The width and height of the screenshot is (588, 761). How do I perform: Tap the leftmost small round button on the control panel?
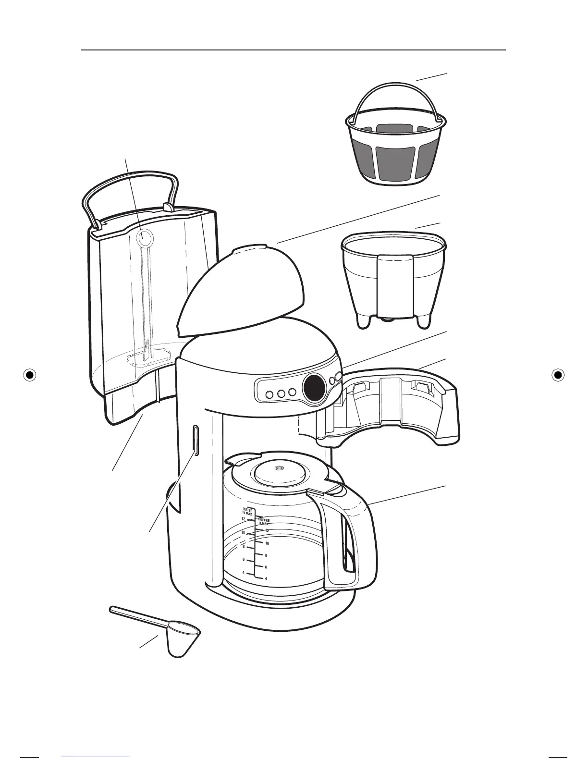coord(269,394)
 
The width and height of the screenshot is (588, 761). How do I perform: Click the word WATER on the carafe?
coord(247,510)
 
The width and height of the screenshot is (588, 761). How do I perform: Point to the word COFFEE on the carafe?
coord(264,520)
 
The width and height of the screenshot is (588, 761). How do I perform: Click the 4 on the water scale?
coord(244,573)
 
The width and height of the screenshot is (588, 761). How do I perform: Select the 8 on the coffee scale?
coord(266,555)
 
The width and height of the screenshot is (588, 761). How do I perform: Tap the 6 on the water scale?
coord(244,560)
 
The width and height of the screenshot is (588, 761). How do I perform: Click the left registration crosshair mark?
coord(30,375)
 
